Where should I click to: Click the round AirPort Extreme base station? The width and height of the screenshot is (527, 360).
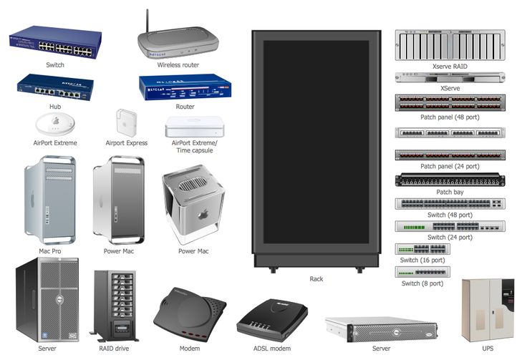(55, 125)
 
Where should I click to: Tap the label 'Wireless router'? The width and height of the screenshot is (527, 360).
(178, 65)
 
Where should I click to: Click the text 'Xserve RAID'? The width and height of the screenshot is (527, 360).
(450, 66)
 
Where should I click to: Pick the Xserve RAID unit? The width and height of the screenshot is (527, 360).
(450, 45)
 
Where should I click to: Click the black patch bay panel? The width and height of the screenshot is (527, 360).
(450, 180)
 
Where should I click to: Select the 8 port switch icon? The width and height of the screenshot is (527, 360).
(422, 271)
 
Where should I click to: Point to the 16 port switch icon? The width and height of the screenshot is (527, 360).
(422, 249)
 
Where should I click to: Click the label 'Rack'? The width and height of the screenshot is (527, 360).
(316, 279)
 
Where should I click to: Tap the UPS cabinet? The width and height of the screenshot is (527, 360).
(488, 310)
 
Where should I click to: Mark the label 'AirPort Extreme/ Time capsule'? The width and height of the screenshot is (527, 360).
(194, 147)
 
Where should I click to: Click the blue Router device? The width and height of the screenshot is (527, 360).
(185, 87)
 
